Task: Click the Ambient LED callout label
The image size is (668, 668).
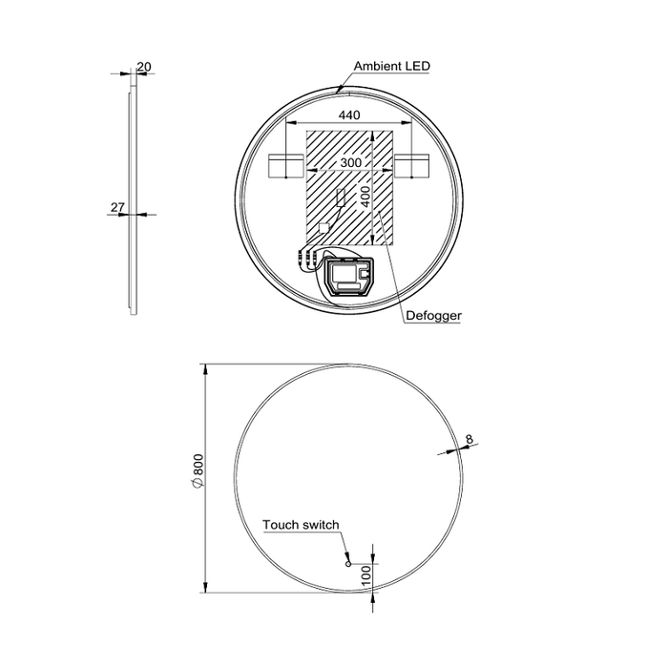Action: pos(392,66)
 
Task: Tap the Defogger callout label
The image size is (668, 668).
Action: pos(433,316)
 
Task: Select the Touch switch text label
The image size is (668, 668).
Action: pos(301,525)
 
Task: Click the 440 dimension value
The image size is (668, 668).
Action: pos(349,115)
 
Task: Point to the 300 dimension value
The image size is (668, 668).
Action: pos(350,162)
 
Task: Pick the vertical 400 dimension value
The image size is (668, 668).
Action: pos(365,196)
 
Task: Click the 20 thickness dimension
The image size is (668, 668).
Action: pos(144,67)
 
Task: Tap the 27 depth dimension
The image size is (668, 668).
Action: pos(117,207)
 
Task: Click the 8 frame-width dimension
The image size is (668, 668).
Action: pos(470,439)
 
